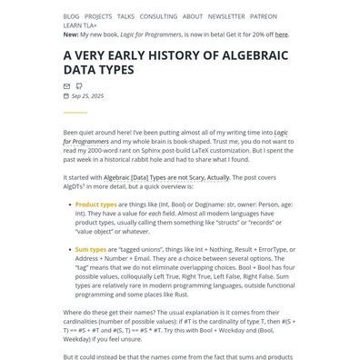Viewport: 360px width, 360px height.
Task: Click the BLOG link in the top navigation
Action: point(71,16)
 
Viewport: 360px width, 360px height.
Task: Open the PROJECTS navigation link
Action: point(98,16)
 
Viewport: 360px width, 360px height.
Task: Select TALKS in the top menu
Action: point(125,16)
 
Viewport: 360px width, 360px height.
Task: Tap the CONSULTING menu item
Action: point(158,16)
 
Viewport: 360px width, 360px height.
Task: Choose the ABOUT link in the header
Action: point(193,16)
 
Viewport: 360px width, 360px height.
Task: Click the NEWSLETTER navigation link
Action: point(226,16)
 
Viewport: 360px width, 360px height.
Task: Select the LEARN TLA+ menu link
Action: point(80,25)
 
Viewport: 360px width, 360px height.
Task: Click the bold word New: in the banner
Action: point(71,35)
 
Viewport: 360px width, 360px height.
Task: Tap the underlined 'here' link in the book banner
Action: point(282,35)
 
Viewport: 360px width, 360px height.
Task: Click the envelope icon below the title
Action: point(66,86)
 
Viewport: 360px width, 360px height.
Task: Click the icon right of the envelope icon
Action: point(79,86)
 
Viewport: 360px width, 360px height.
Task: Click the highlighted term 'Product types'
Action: point(95,205)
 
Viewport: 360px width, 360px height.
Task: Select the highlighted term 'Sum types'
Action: point(91,248)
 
